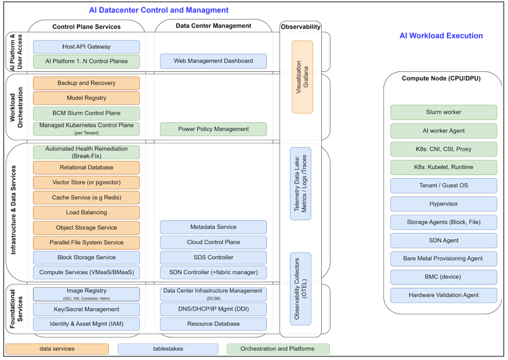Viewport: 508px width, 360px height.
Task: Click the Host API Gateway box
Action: (x=86, y=46)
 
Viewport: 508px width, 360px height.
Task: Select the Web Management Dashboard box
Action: (x=213, y=61)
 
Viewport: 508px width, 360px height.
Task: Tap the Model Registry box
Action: (x=86, y=98)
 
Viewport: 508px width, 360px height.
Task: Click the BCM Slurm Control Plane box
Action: (x=86, y=113)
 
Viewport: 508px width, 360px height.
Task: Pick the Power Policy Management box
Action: (x=213, y=129)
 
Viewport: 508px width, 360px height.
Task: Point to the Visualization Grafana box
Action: (x=302, y=77)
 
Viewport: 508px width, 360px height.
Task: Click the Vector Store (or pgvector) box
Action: (x=86, y=182)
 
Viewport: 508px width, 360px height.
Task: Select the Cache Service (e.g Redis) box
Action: (x=86, y=197)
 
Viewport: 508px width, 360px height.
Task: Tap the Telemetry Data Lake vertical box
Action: (x=301, y=183)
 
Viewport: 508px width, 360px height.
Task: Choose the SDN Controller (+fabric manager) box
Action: (x=213, y=272)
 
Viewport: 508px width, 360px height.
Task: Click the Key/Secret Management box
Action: (x=86, y=309)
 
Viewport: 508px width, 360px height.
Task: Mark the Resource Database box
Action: (x=213, y=324)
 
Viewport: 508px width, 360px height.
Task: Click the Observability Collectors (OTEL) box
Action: (x=301, y=289)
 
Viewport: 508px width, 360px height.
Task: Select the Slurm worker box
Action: (x=443, y=112)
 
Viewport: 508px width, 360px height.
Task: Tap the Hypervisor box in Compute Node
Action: (x=443, y=204)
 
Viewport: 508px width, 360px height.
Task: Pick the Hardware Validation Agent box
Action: (x=443, y=295)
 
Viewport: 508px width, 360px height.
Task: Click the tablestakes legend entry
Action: (x=168, y=349)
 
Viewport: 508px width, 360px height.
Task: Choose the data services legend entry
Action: (x=57, y=349)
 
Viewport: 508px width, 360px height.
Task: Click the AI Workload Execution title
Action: (x=441, y=36)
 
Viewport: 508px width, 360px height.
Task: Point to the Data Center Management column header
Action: (x=213, y=26)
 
